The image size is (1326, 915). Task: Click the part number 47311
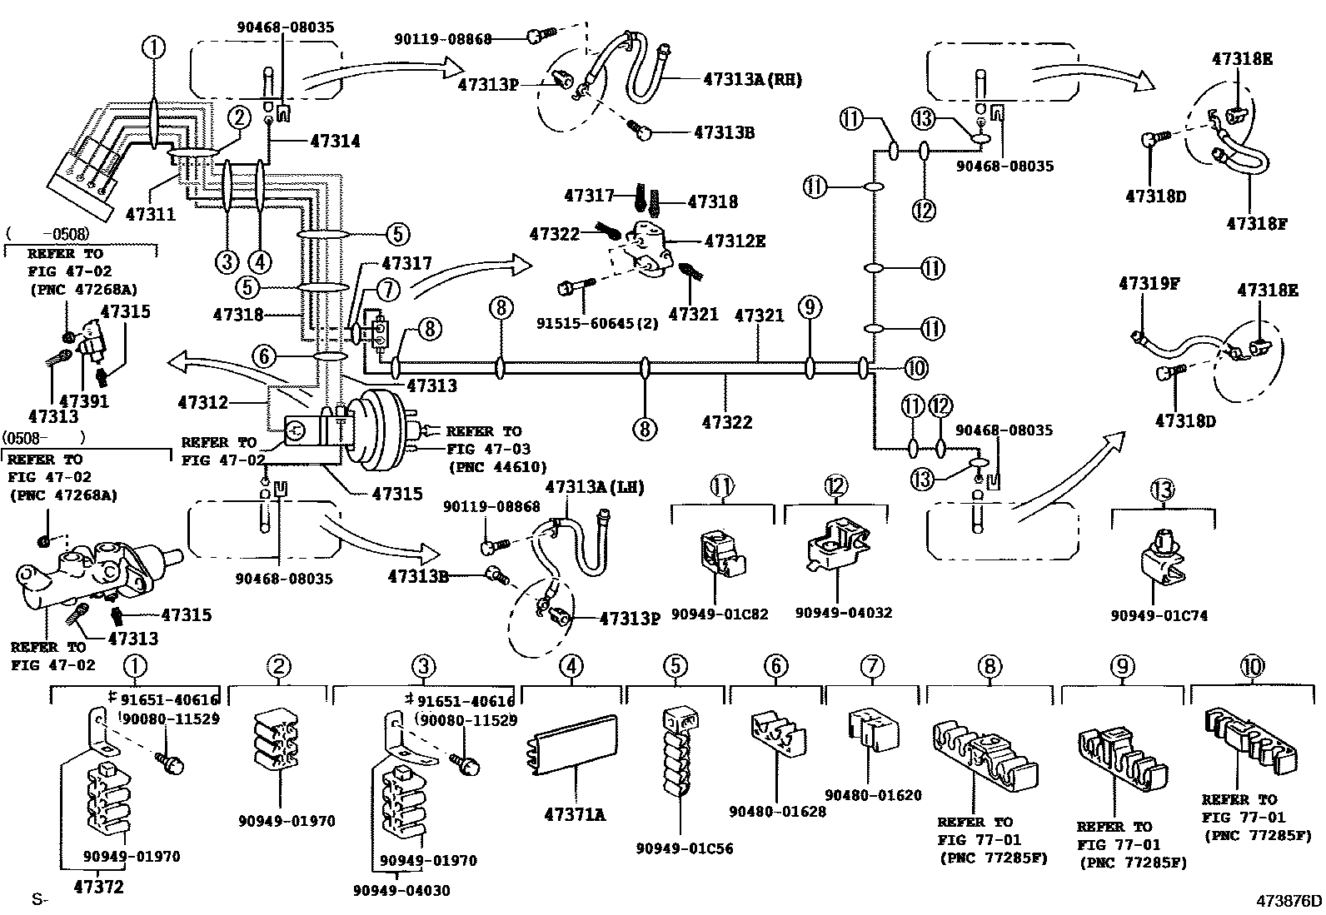click(x=151, y=213)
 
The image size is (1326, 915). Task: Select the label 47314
click(x=335, y=142)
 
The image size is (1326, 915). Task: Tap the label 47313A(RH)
click(x=752, y=80)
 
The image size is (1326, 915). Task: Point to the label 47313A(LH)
click(x=595, y=486)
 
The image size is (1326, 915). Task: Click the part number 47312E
click(x=735, y=241)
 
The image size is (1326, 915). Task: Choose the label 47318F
click(x=1257, y=223)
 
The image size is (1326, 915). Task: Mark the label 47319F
click(x=1149, y=283)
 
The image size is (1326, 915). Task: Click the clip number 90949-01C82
click(x=720, y=614)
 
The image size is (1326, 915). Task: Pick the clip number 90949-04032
click(x=843, y=613)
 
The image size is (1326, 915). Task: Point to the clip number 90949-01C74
click(x=1159, y=615)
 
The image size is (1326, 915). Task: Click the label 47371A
click(x=575, y=815)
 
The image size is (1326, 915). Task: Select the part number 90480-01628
click(x=777, y=810)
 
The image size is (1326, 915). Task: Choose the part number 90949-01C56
click(x=685, y=848)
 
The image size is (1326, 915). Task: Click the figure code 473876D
click(x=1289, y=900)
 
